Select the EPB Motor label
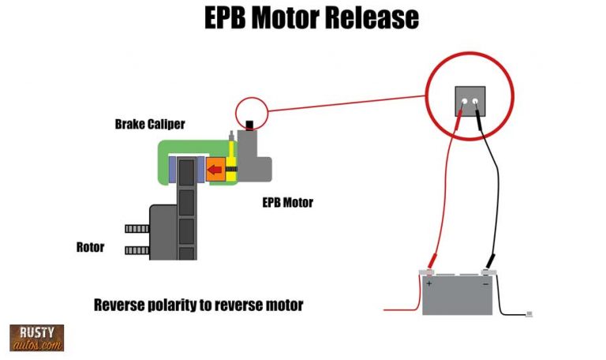[287, 203]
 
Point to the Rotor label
[90, 247]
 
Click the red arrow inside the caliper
[213, 168]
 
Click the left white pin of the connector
[464, 102]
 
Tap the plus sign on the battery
[429, 282]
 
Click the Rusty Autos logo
[36, 337]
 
